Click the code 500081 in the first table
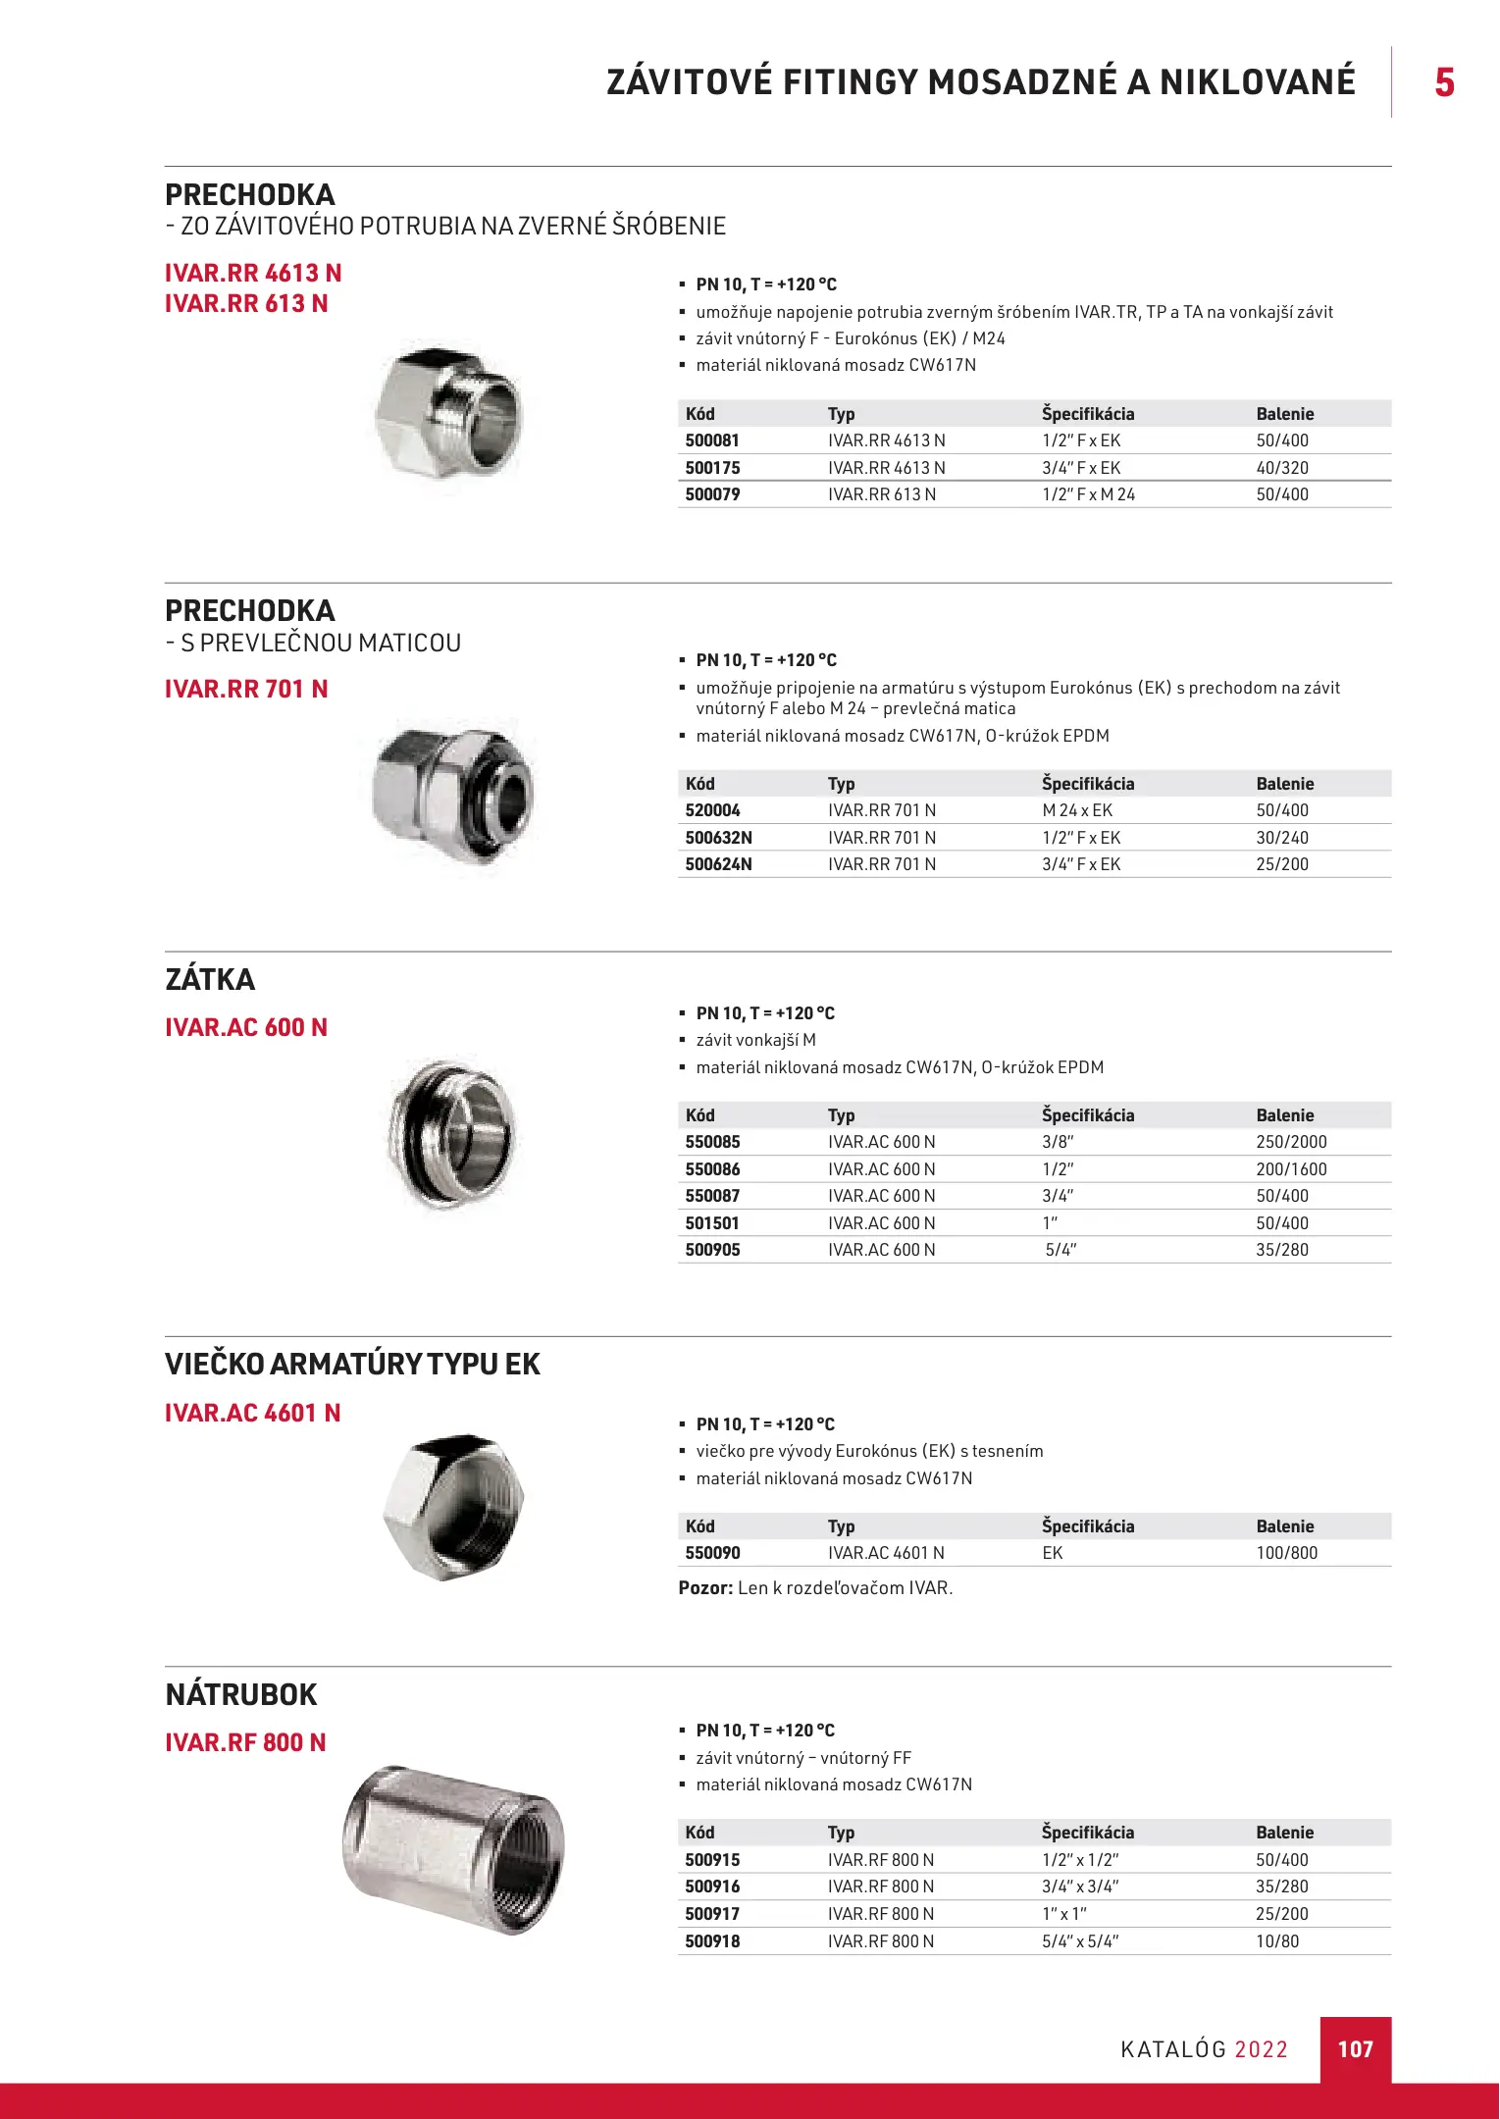pos(712,440)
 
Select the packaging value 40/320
pos(1282,468)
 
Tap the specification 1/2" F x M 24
pos(1088,494)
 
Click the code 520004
pos(712,810)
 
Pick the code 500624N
pos(718,864)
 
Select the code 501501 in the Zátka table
pos(712,1223)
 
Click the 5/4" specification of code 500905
pos(1060,1250)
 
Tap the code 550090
pos(712,1553)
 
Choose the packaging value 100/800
pos(1286,1553)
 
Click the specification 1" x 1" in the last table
pos(1064,1914)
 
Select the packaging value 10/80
pos(1277,1941)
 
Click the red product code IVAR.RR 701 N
pos(246,690)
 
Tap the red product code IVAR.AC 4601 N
pos(252,1414)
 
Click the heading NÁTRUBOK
pos(241,1695)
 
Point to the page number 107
pos(1355,2049)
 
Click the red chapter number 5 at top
pos(1444,82)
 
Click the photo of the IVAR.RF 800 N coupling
pos(452,1849)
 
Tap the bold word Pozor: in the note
pos(705,1588)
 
